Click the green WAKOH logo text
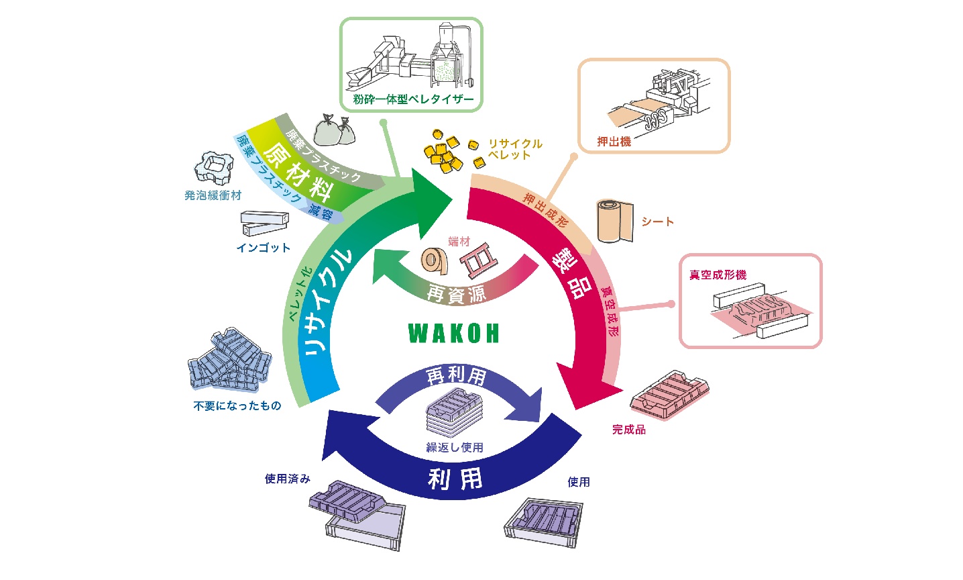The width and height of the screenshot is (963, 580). [x=453, y=334]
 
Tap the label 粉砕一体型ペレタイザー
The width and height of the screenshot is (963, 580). [x=413, y=99]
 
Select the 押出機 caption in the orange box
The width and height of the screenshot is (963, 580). [x=614, y=142]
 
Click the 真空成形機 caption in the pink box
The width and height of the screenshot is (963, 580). [x=718, y=275]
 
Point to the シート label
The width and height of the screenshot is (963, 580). [x=657, y=222]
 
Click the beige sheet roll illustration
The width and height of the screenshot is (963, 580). [x=615, y=221]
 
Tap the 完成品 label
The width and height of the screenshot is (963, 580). [x=629, y=430]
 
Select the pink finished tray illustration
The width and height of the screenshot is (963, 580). [x=669, y=395]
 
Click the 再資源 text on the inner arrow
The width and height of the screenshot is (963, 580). [x=456, y=294]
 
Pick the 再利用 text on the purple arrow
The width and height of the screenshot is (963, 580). [x=456, y=376]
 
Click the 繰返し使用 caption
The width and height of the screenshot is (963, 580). [x=455, y=448]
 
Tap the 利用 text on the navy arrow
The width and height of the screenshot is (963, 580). [x=455, y=479]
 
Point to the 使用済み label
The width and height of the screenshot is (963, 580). [x=287, y=479]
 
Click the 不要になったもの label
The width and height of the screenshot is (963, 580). [x=237, y=405]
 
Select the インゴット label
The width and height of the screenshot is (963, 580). [x=264, y=248]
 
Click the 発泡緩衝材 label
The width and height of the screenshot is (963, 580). [x=213, y=195]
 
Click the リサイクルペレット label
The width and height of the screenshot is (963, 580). [x=515, y=149]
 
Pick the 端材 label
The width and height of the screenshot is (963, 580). [x=459, y=242]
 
